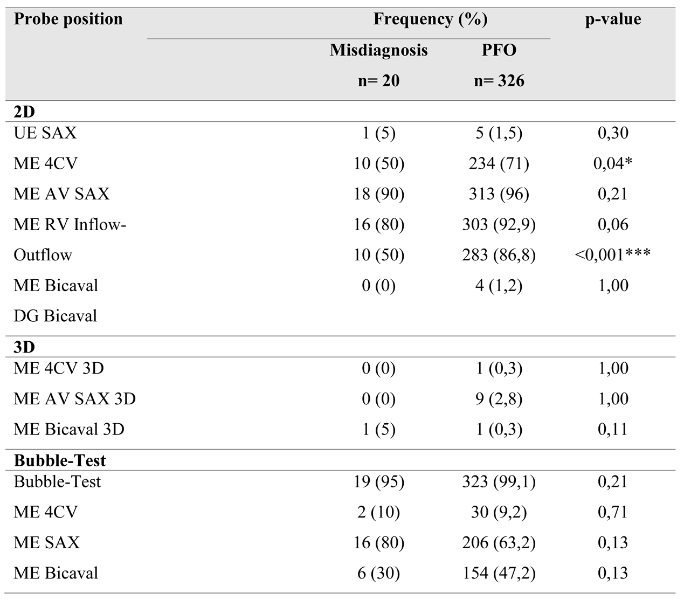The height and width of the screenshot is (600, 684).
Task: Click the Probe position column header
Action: (x=68, y=19)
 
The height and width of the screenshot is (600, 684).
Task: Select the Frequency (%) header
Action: (x=430, y=19)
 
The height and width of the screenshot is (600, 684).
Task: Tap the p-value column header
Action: (x=613, y=19)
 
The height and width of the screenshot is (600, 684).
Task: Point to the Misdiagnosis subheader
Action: (x=378, y=50)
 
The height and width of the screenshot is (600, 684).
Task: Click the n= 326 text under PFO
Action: (x=499, y=81)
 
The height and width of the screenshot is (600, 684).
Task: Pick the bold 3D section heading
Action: (x=24, y=346)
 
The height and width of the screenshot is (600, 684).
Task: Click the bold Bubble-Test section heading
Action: (x=60, y=460)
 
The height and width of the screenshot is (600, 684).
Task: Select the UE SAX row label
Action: (x=45, y=133)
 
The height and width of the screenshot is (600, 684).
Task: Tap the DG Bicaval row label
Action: (x=56, y=315)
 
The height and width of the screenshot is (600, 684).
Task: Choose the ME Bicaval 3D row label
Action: (x=69, y=429)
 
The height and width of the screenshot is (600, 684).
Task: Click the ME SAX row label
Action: (x=46, y=542)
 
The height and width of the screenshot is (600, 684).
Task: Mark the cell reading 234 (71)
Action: (x=499, y=163)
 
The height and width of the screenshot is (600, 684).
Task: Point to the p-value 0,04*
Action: (x=613, y=163)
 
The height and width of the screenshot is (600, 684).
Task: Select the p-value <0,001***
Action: (x=613, y=254)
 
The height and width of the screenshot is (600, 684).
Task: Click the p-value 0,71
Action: (x=613, y=512)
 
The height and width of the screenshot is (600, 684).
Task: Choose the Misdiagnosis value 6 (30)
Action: (x=378, y=573)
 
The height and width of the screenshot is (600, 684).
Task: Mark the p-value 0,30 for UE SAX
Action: (x=613, y=133)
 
